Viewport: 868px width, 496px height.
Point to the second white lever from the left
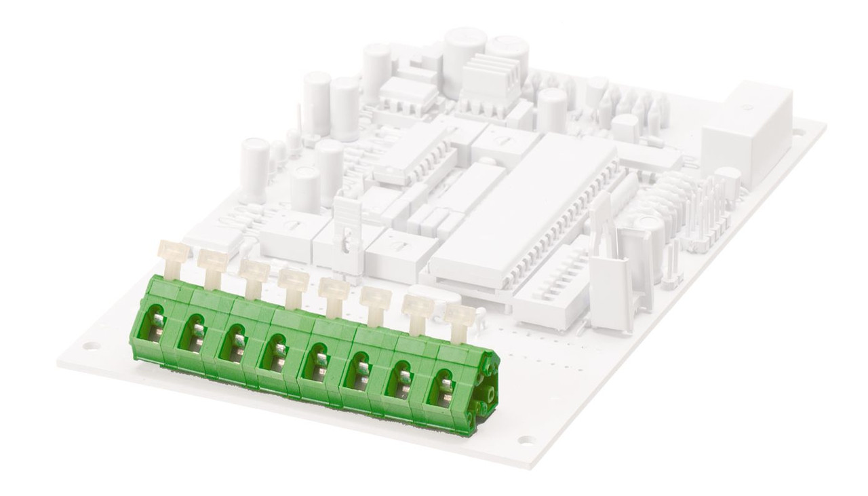[x=213, y=263]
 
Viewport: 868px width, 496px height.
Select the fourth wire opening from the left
[x=277, y=351]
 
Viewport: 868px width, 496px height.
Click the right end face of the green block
[x=487, y=394]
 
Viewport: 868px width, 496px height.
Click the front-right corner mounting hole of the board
[x=526, y=440]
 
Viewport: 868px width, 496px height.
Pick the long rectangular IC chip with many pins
[x=522, y=210]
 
